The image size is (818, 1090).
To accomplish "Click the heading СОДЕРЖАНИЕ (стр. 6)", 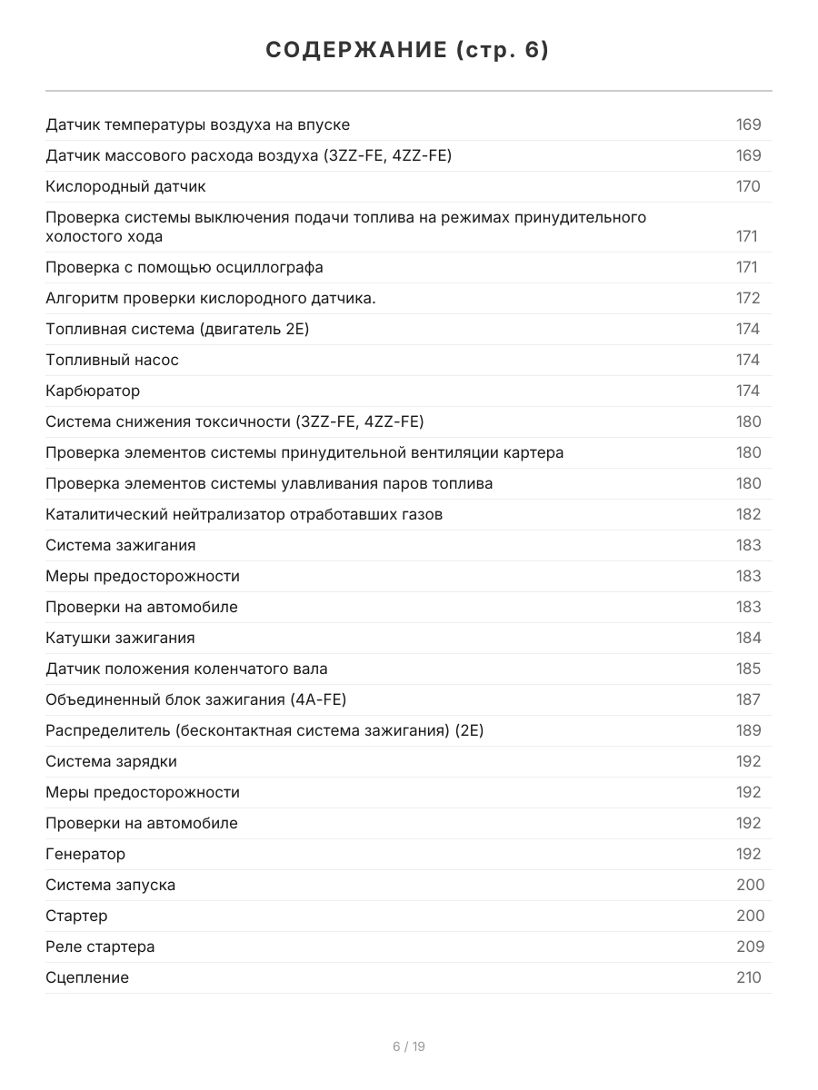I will pyautogui.click(x=408, y=51).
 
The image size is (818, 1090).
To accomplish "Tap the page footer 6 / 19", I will pyautogui.click(x=408, y=1046).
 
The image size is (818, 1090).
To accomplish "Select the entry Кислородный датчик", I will pyautogui.click(x=125, y=186).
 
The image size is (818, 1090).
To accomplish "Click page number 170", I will pyautogui.click(x=748, y=186).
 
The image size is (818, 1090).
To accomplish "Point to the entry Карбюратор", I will pyautogui.click(x=93, y=391).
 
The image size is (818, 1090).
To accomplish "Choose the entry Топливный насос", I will pyautogui.click(x=112, y=360).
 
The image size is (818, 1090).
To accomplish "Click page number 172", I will pyautogui.click(x=748, y=298).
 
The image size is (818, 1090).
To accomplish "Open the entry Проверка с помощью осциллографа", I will pyautogui.click(x=185, y=267).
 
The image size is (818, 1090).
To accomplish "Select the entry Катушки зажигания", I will pyautogui.click(x=120, y=638).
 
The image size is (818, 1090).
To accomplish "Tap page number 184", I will pyautogui.click(x=748, y=638).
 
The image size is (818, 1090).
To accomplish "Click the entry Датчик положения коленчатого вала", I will pyautogui.click(x=186, y=669).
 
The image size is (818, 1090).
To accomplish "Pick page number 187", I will pyautogui.click(x=748, y=699).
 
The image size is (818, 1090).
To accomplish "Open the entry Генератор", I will pyautogui.click(x=85, y=854).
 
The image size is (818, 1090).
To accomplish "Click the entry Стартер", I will pyautogui.click(x=76, y=916).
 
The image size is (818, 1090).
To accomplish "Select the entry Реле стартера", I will pyautogui.click(x=100, y=946).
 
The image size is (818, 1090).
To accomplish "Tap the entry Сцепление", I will pyautogui.click(x=87, y=977).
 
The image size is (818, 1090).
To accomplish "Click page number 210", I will pyautogui.click(x=748, y=977).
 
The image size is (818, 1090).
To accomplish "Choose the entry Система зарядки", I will pyautogui.click(x=111, y=761).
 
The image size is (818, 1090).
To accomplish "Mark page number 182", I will pyautogui.click(x=748, y=514).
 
